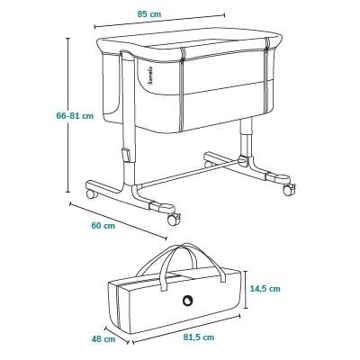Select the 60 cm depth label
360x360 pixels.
(x=103, y=226)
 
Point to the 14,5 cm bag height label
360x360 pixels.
(x=265, y=289)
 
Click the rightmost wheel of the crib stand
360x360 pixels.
(x=290, y=190)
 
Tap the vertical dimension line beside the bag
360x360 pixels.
(x=246, y=289)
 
